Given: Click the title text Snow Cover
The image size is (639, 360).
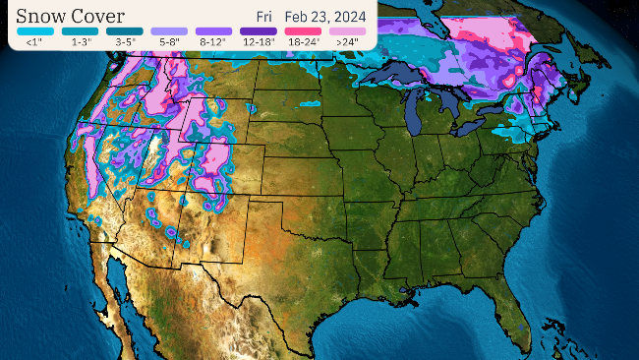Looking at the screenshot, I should click(71, 16).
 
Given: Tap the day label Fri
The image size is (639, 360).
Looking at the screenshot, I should click(264, 17).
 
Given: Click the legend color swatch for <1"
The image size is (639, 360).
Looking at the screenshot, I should click(33, 31).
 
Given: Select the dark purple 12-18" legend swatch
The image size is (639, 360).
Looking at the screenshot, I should click(257, 31).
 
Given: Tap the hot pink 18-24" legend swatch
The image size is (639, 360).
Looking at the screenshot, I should click(301, 31).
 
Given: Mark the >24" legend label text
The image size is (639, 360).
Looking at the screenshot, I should click(345, 42).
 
